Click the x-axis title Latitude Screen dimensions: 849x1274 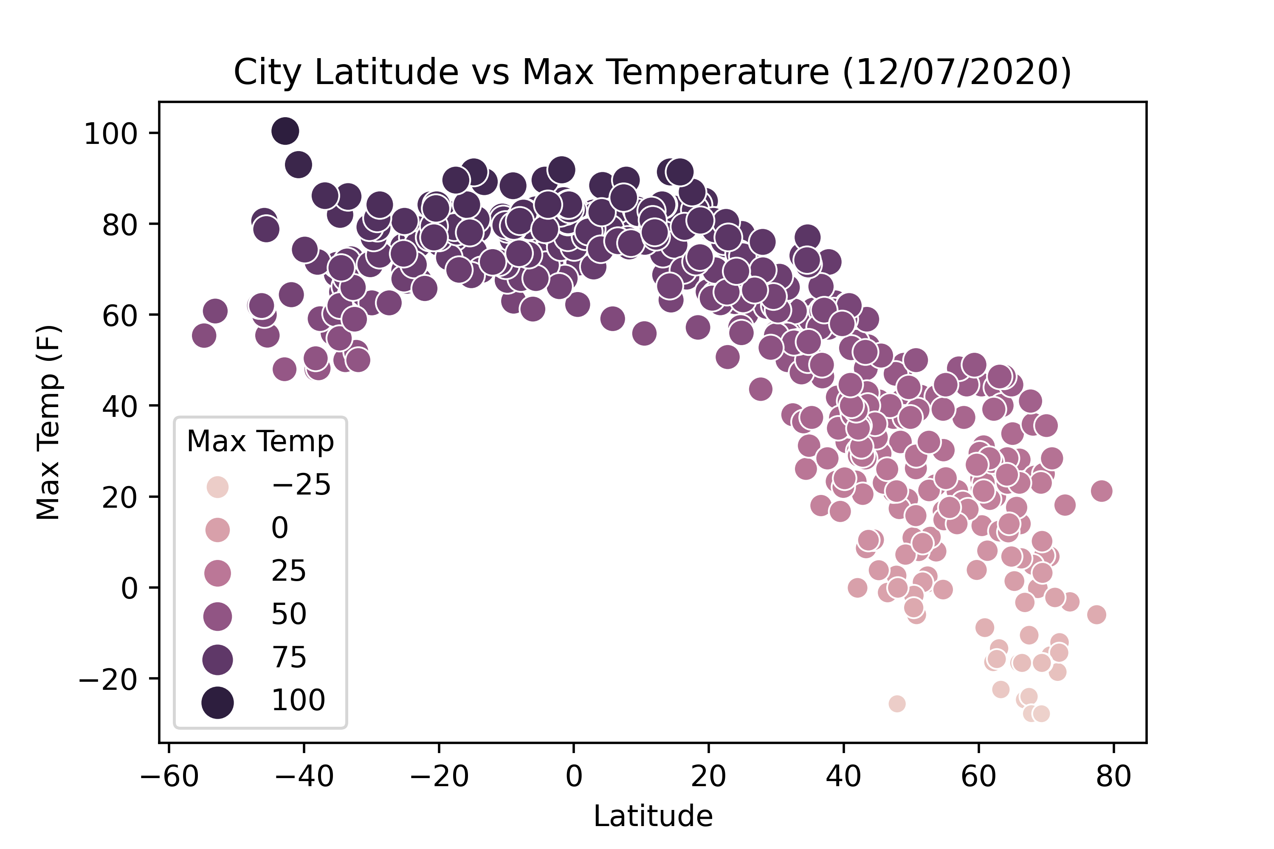(653, 816)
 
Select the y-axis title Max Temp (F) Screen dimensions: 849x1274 (49, 422)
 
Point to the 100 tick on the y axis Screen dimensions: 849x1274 (110, 134)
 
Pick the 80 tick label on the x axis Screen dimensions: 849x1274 (1113, 776)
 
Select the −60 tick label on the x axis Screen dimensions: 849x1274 (169, 776)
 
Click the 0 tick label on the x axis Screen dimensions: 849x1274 (574, 776)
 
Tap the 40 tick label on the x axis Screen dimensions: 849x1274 (843, 776)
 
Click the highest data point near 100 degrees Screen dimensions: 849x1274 (285, 131)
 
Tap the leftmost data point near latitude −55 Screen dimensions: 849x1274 (204, 336)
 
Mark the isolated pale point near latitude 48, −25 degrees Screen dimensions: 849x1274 (897, 704)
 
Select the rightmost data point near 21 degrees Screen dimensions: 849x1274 (1102, 491)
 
